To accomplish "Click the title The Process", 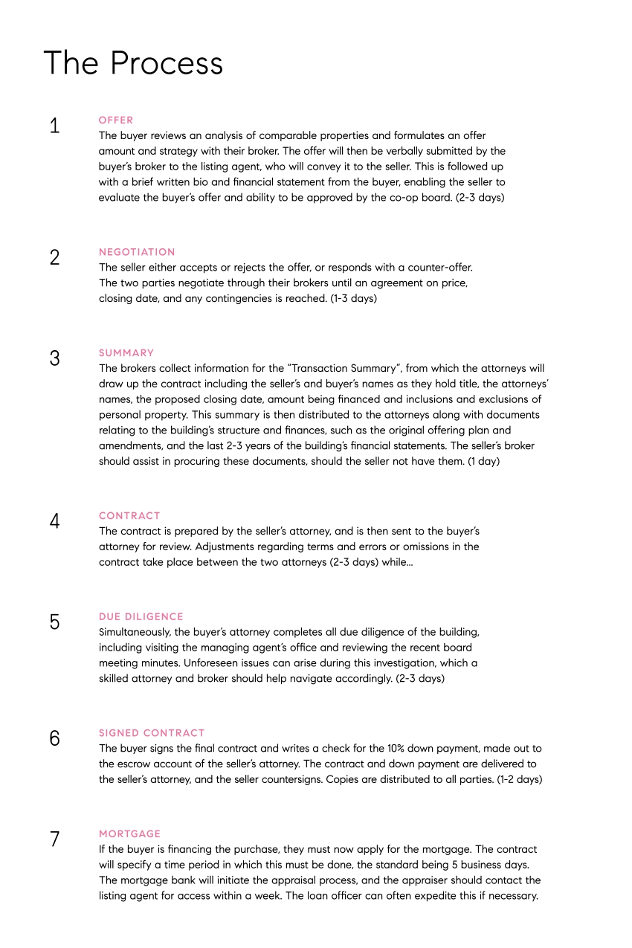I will click(x=133, y=63).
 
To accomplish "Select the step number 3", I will click(x=54, y=358).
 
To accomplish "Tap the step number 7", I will click(x=54, y=839).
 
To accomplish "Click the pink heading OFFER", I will click(x=116, y=120).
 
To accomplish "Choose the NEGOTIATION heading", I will click(x=137, y=252).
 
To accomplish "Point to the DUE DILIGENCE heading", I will click(x=141, y=616).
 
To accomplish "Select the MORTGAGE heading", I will click(x=129, y=834).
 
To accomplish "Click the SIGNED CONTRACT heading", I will click(x=152, y=733).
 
